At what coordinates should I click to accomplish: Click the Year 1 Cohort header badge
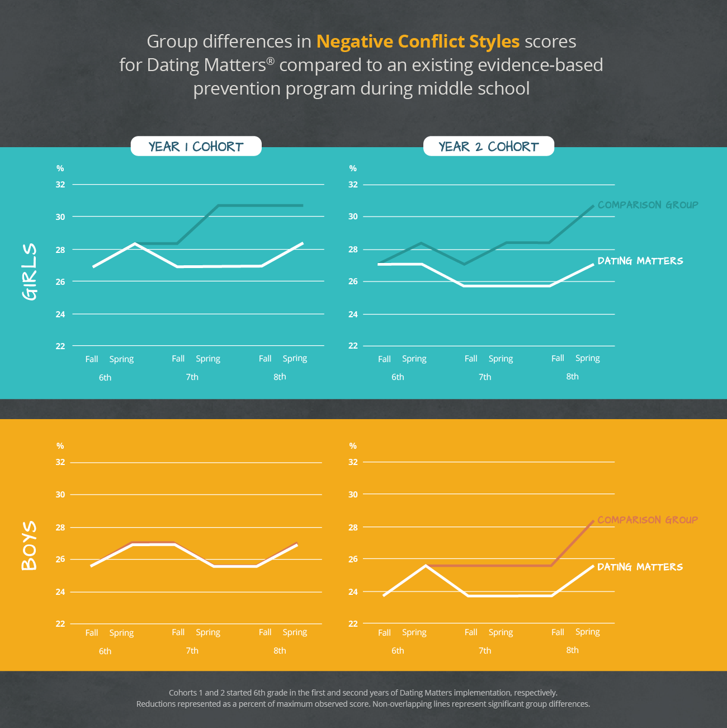[196, 147]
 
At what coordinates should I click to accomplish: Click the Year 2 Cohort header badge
[488, 147]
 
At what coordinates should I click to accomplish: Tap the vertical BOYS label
[29, 546]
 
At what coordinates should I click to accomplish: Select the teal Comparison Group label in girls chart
[648, 205]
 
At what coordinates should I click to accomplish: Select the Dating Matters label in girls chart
[640, 261]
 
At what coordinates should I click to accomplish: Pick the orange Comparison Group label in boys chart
[648, 520]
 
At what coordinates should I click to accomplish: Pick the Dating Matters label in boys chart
[640, 567]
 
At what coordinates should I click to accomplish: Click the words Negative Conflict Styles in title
[418, 41]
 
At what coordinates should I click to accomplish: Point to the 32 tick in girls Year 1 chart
[60, 185]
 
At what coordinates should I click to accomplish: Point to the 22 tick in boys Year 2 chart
[353, 623]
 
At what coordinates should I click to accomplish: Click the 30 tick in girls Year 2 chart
[353, 217]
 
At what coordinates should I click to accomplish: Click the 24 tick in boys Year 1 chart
[60, 592]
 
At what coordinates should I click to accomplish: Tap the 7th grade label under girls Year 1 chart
[192, 377]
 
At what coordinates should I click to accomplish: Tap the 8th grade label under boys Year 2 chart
[572, 650]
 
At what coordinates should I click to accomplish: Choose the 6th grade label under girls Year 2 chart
[398, 377]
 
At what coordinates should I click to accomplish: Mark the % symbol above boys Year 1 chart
[60, 446]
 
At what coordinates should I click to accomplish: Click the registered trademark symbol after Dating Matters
[270, 60]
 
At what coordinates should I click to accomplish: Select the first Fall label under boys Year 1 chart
[92, 633]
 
